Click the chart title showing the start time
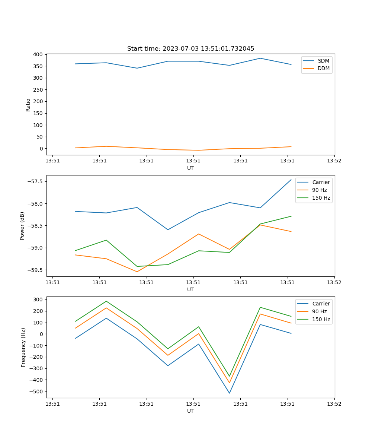tap(190, 49)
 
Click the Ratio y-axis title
tap(28, 104)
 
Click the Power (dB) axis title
tap(22, 226)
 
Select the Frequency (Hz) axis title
tap(23, 347)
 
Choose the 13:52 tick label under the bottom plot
tap(334, 403)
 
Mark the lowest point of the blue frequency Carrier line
tap(230, 393)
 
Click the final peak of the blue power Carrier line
tap(291, 180)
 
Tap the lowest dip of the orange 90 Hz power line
tap(137, 272)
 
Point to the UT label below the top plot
tap(190, 168)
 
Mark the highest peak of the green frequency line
tap(106, 301)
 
